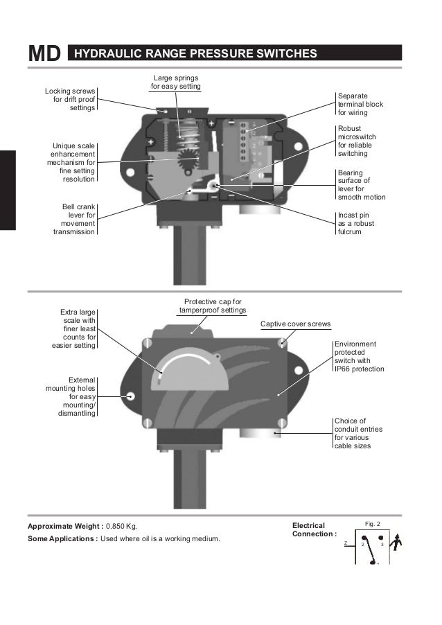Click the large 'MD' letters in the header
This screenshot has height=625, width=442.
[x=43, y=54]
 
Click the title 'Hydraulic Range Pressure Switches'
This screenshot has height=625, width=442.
[x=195, y=54]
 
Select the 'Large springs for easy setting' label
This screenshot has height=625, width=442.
[x=176, y=82]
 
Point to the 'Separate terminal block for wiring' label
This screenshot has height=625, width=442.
[x=360, y=103]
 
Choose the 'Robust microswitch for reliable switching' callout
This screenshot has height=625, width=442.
[x=357, y=141]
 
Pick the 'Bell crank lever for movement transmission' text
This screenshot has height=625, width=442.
[x=74, y=220]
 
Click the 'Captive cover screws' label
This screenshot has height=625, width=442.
[x=295, y=324]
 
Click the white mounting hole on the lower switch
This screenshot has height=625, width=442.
[x=130, y=396]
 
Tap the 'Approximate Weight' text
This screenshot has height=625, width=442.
[x=65, y=527]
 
